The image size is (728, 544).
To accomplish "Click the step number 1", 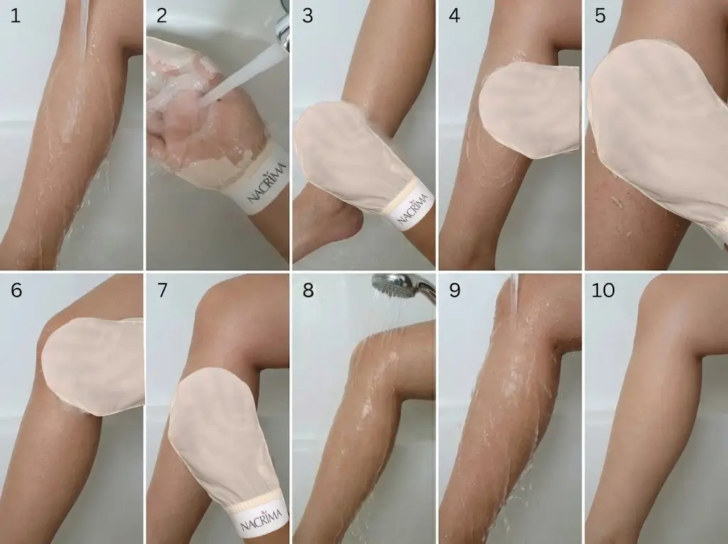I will coord(16,15).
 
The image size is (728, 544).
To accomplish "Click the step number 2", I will coord(161,15).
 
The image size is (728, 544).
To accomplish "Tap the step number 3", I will coord(307,15).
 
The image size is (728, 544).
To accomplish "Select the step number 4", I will coord(454,15).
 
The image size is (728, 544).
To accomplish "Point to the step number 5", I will coord(599,15).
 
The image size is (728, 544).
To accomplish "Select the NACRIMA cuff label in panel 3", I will coord(413,207).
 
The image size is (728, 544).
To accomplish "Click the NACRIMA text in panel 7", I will coord(259,517).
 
